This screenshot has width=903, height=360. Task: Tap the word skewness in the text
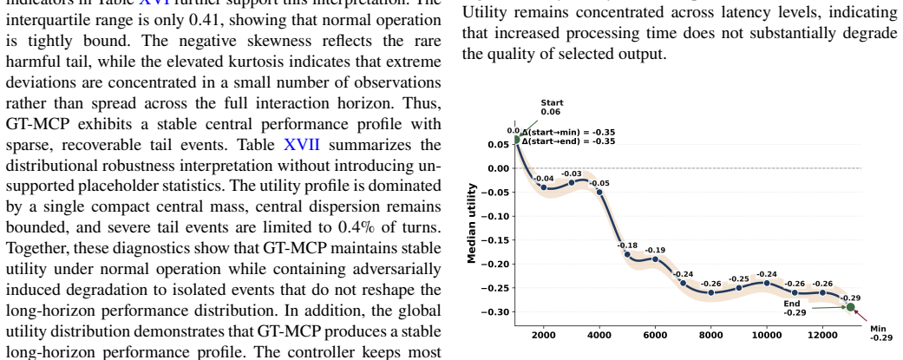pos(268,41)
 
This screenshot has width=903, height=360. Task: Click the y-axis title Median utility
pos(472,222)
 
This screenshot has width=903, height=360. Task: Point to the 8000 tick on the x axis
pos(711,335)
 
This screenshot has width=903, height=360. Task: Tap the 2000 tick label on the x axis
pos(544,335)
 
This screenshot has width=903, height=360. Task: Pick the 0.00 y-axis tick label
pos(499,168)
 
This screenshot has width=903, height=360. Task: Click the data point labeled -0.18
pos(627,254)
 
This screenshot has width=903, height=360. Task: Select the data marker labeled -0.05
pos(599,192)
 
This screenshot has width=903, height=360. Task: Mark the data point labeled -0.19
pos(656,259)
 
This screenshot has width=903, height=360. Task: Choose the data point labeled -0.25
pos(739,287)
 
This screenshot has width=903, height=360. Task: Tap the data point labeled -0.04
pos(544,187)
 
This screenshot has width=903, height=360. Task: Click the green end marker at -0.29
pos(851,307)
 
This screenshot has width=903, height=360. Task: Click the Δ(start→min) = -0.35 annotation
pos(568,132)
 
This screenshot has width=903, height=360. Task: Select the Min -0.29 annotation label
pos(880,333)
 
